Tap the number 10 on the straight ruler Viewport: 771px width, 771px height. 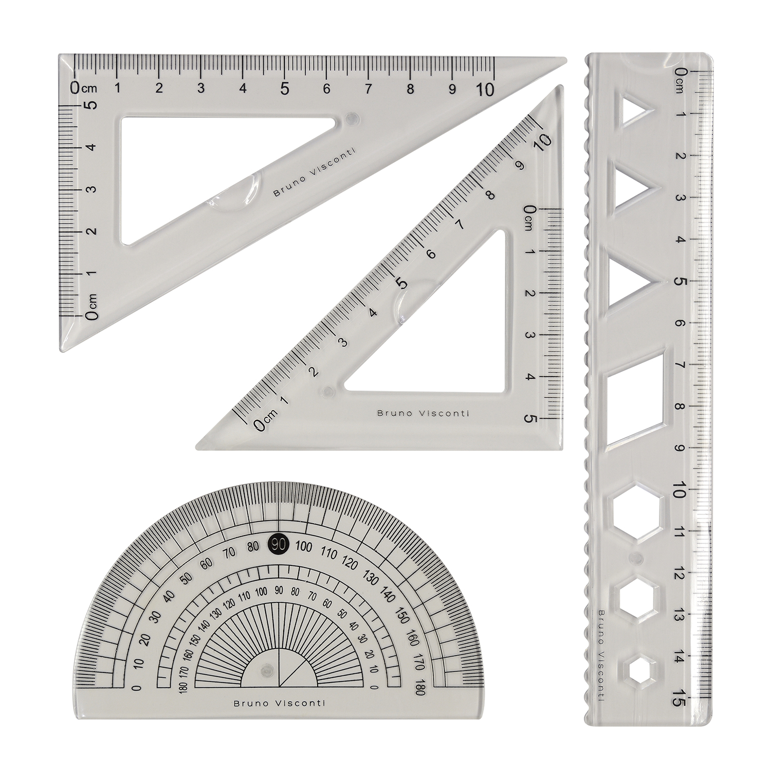(679, 490)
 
